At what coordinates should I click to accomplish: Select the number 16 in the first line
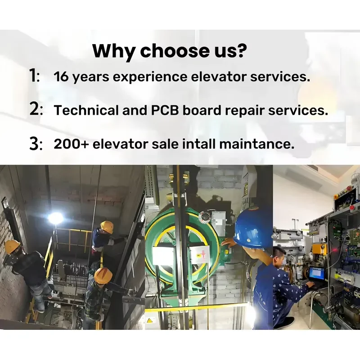(61, 76)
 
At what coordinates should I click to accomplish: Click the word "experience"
(150, 77)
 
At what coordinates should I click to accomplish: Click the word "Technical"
(86, 110)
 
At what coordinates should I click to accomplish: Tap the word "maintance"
(256, 144)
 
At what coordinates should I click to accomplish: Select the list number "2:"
(36, 109)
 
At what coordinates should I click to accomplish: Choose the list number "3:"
(36, 144)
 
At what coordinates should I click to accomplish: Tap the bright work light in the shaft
(55, 218)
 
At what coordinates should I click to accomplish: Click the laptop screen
(317, 273)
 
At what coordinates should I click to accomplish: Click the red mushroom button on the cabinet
(351, 207)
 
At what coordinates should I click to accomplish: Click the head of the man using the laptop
(279, 255)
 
